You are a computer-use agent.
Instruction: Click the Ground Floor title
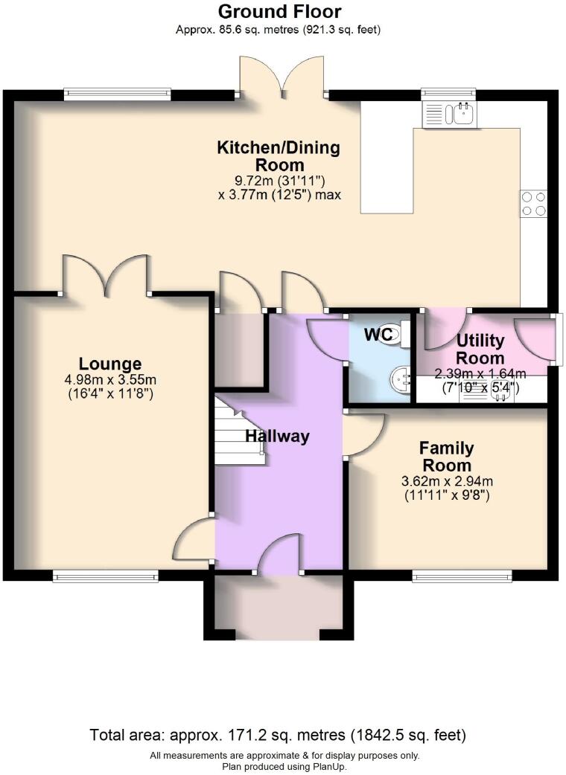[279, 12]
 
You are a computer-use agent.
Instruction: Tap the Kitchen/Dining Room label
[278, 156]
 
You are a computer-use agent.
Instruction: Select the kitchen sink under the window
[450, 114]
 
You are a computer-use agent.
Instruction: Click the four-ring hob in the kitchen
[532, 204]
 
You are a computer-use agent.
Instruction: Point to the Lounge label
[110, 364]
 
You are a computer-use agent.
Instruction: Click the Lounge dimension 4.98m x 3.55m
[110, 380]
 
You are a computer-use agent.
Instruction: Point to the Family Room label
[446, 457]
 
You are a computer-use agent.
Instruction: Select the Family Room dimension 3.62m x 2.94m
[446, 480]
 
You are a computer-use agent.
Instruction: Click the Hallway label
[277, 437]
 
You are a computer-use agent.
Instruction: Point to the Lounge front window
[105, 575]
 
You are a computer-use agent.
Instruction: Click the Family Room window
[462, 575]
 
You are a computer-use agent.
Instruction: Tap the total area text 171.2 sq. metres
[278, 736]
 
